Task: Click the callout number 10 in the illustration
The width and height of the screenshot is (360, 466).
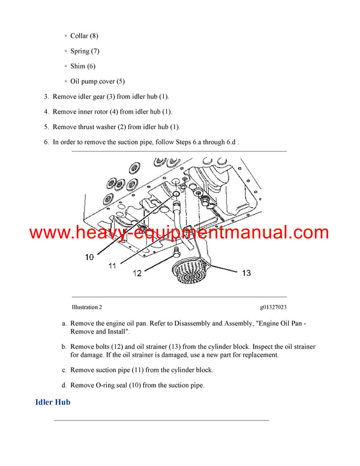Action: click(89, 257)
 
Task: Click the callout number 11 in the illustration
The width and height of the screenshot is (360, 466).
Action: click(112, 265)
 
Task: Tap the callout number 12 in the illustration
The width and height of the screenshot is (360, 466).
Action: click(137, 273)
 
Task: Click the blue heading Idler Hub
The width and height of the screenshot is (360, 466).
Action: click(53, 402)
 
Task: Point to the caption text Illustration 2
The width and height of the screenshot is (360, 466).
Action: click(86, 307)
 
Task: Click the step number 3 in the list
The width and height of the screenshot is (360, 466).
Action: click(46, 96)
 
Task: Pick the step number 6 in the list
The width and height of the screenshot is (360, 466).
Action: click(46, 142)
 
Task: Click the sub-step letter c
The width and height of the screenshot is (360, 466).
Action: click(64, 370)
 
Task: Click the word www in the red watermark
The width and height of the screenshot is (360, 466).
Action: click(48, 232)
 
